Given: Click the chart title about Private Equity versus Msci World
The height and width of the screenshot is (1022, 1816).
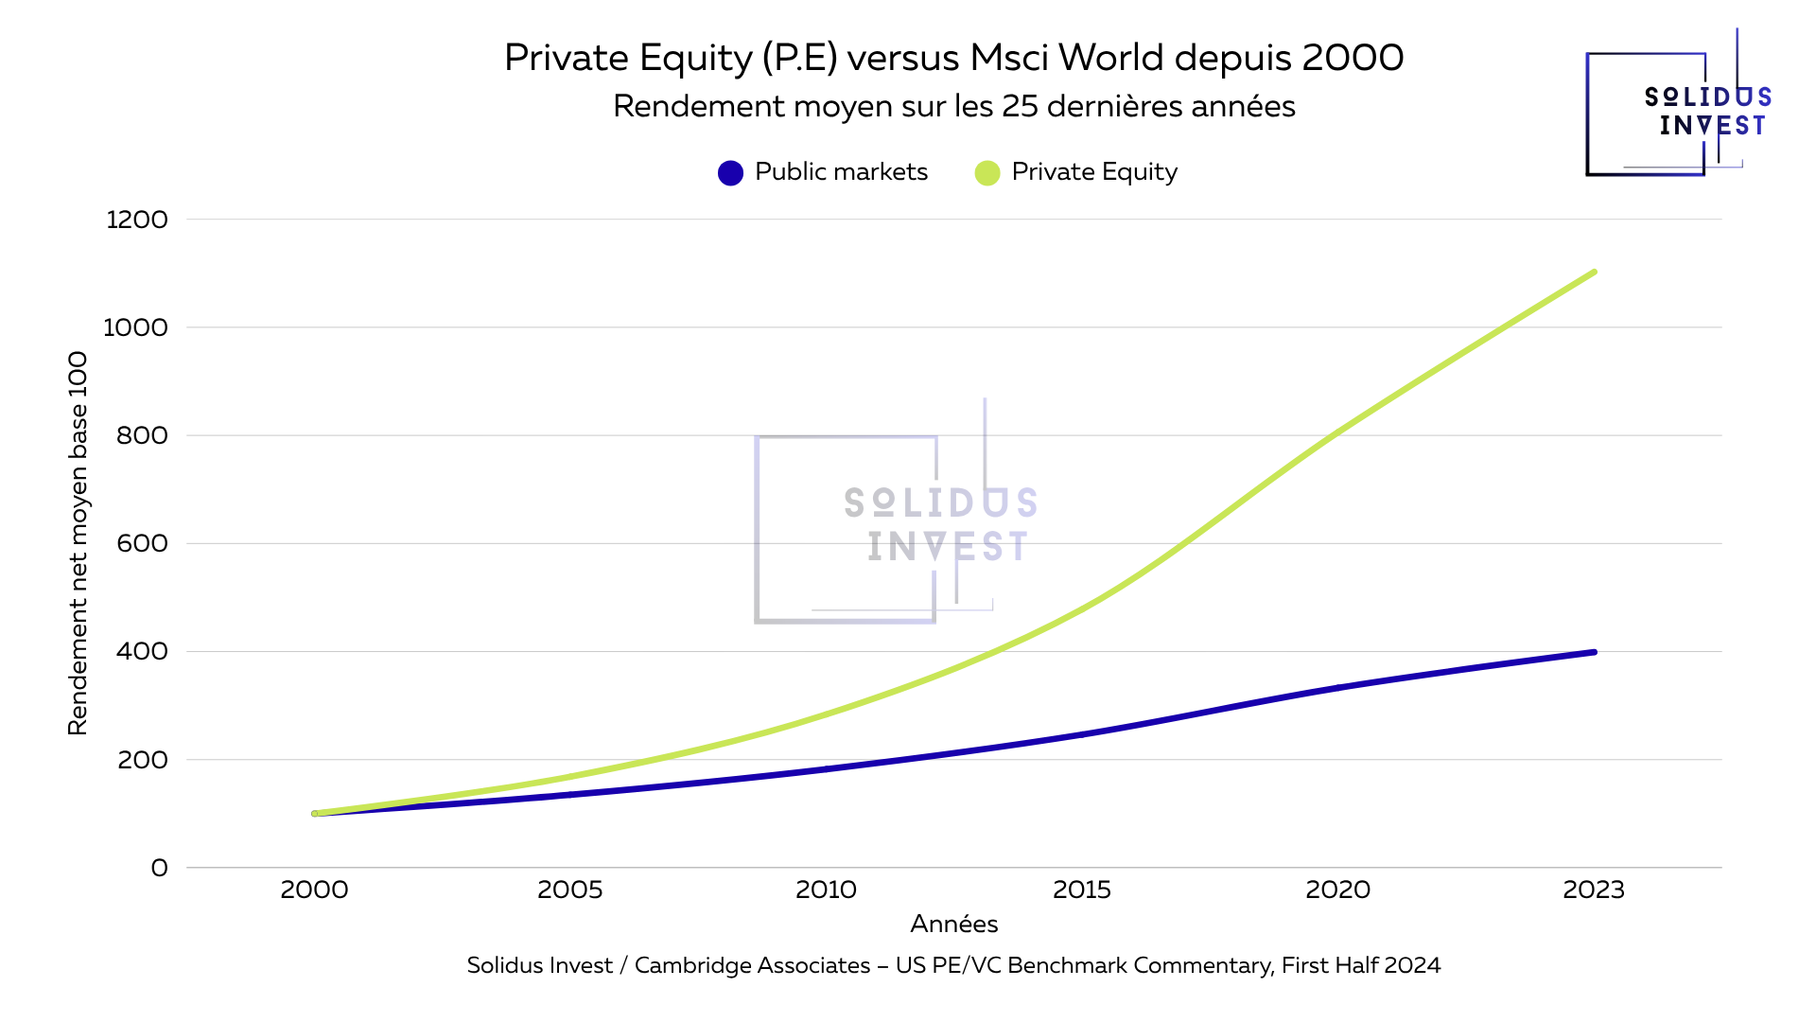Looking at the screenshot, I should tap(953, 58).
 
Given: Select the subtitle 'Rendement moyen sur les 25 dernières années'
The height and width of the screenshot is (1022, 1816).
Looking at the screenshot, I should tap(953, 106).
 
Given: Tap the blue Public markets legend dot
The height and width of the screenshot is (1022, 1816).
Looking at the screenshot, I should tap(730, 173).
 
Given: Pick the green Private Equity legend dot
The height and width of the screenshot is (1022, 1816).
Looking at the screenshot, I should tap(987, 173).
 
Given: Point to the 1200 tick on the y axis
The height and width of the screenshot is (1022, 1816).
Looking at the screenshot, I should tap(137, 220).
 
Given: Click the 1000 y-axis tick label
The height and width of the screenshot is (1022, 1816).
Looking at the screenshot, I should tap(135, 327).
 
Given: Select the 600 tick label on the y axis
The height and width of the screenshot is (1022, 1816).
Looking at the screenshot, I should tap(142, 543).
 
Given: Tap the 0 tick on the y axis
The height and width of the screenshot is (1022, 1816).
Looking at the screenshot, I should tap(159, 868).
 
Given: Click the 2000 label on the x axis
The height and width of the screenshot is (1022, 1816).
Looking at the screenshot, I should tap(314, 890).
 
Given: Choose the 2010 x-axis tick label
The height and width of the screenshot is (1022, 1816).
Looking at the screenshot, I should tap(826, 890).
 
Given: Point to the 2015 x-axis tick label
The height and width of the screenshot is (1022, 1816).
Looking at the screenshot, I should tap(1082, 890).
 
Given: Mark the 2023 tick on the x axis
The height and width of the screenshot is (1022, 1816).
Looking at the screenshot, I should tap(1594, 890).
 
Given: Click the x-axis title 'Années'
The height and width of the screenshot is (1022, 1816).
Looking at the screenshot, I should tap(953, 924).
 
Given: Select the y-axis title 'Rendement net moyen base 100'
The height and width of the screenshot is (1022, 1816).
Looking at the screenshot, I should tap(78, 543).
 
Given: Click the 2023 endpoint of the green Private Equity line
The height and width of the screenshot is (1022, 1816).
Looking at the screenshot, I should tap(1594, 273).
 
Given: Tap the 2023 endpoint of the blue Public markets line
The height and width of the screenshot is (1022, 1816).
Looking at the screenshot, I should tap(1594, 652).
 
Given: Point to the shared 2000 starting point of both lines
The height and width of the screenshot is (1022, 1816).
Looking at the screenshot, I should tap(315, 813).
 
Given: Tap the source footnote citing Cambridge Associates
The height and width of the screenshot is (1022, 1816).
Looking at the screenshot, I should tap(953, 965).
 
